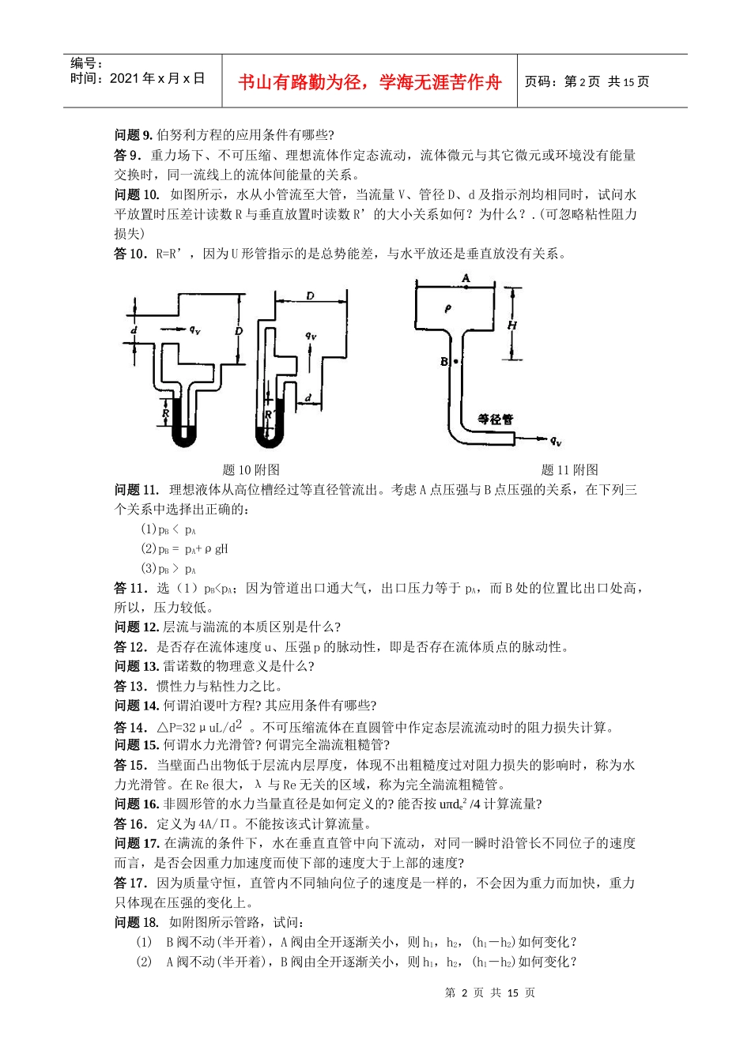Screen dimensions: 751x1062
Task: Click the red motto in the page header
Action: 369,82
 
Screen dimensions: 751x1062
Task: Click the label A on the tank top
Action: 466,278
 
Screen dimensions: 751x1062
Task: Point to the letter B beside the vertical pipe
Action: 444,362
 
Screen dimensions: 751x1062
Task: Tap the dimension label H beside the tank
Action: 512,325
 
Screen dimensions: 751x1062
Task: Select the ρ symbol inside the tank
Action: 448,308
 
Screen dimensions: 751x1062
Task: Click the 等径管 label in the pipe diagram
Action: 496,419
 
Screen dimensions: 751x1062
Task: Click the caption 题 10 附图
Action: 251,470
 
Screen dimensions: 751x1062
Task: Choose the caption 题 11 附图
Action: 569,470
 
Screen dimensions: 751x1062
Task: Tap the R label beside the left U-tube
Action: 166,412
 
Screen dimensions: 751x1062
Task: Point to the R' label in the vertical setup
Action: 269,414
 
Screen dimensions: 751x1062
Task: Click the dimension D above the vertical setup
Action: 310,296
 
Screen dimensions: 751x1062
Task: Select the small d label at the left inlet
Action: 134,330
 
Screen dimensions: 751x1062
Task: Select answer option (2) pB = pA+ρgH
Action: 184,549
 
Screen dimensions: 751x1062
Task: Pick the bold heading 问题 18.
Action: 137,922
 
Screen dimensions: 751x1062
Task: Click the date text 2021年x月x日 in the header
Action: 157,78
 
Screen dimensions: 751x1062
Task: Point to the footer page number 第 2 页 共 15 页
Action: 490,992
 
